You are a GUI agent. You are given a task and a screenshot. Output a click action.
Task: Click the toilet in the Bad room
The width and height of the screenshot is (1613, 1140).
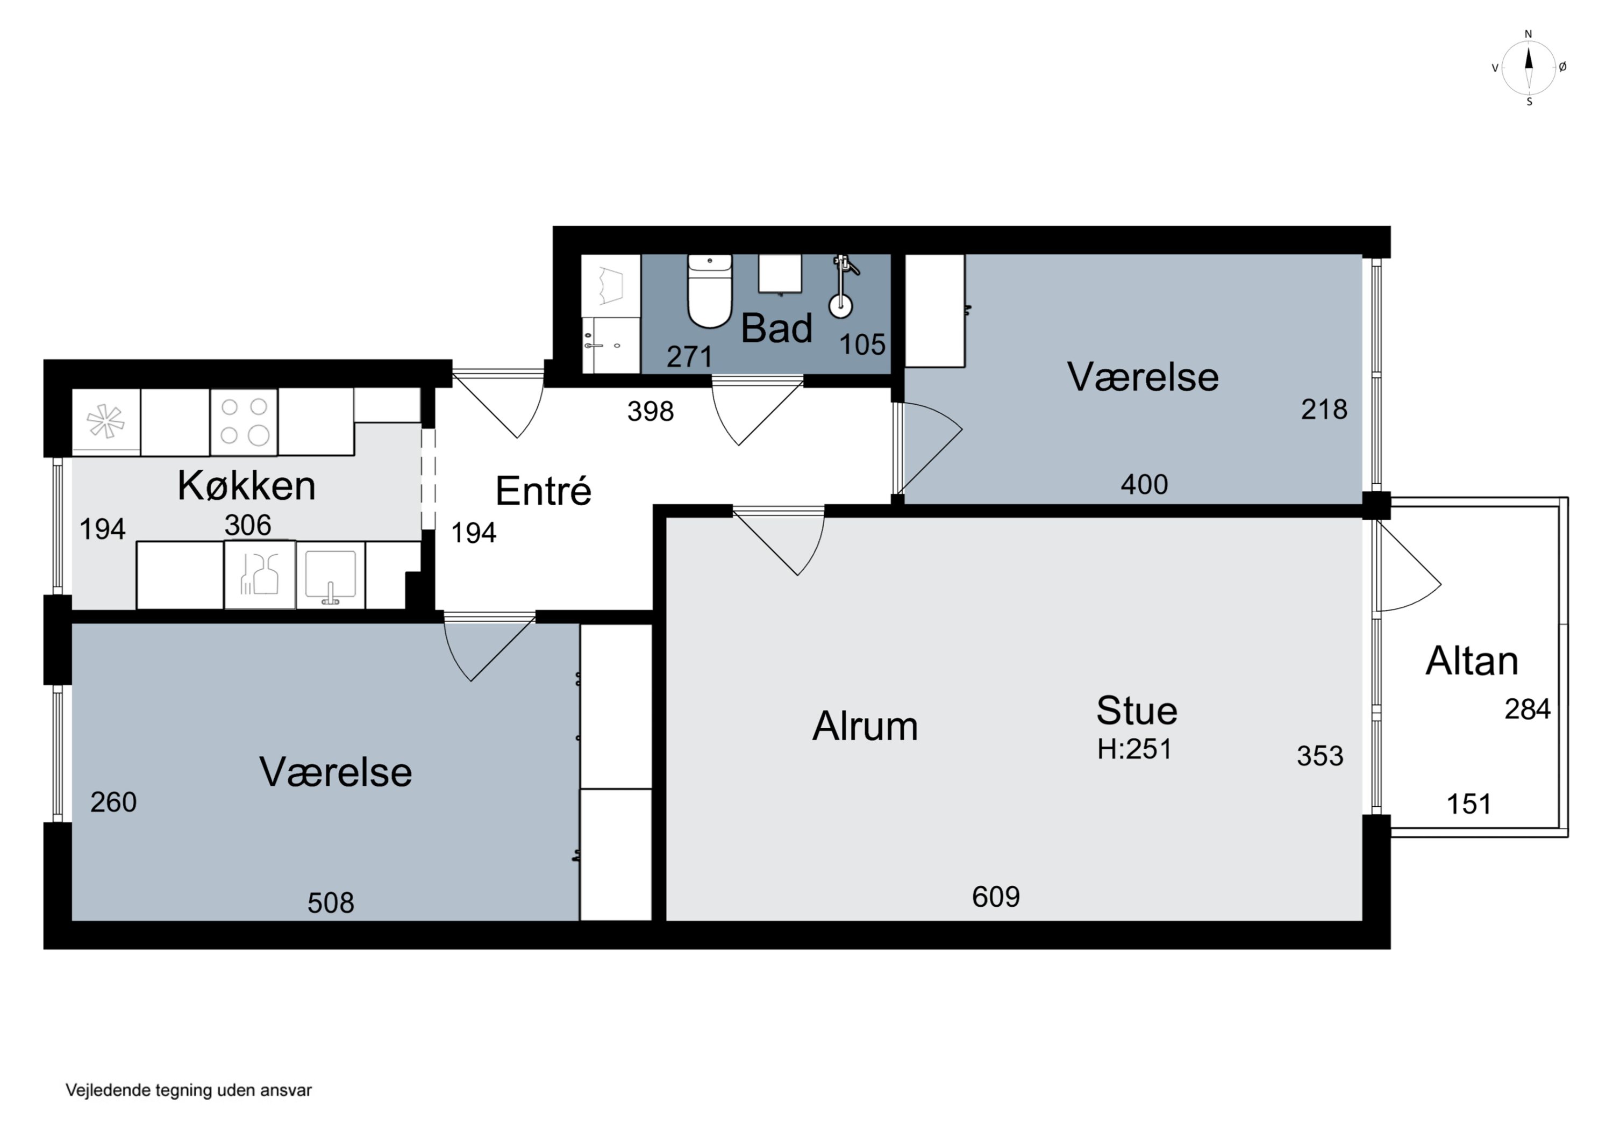pos(710,291)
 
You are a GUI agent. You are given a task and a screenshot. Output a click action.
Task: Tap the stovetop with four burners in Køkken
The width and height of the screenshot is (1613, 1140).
pos(244,421)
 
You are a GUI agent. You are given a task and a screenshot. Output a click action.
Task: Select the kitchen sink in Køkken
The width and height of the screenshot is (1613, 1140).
pos(330,574)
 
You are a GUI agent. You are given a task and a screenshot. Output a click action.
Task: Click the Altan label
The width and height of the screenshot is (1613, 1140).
pos(1472,661)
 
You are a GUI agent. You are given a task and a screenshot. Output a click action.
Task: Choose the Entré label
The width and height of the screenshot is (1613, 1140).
pos(543,490)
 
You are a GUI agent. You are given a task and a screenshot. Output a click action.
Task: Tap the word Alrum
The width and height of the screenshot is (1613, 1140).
pos(865,726)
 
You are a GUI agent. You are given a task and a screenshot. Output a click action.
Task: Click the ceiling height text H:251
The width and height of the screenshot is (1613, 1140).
pos(1134,749)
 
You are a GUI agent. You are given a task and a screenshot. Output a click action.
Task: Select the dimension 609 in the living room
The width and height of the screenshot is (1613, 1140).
pos(995,897)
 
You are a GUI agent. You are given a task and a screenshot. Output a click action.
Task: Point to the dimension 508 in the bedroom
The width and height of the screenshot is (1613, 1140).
pos(330,902)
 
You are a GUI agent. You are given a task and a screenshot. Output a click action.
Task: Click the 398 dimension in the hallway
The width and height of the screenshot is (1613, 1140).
pos(651,411)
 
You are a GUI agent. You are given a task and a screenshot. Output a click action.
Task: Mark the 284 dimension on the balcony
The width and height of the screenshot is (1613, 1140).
pos(1528,709)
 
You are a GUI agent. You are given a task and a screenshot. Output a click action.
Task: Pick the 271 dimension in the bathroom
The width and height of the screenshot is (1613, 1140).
pos(689,357)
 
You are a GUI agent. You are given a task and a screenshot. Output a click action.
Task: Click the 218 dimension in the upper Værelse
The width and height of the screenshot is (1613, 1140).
pos(1324,409)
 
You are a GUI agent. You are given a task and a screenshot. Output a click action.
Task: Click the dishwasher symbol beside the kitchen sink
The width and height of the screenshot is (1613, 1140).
pos(259,574)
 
